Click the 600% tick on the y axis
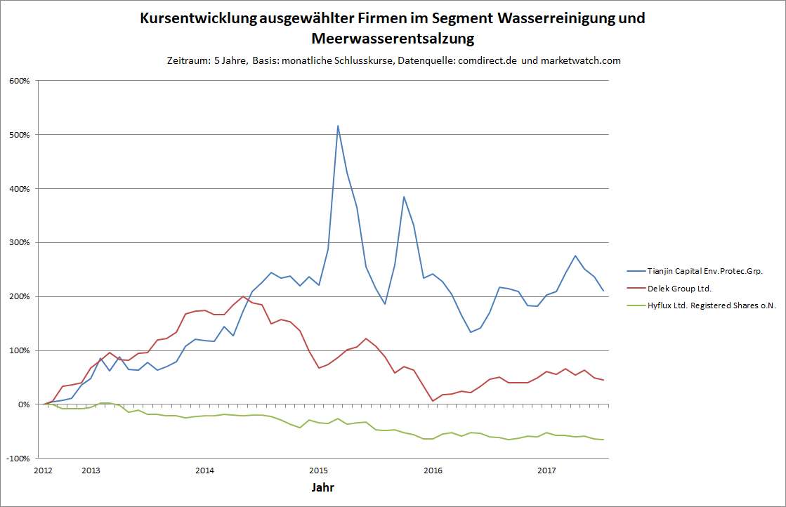click(20, 81)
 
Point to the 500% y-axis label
click(20, 135)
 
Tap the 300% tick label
click(20, 243)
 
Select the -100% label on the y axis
click(19, 459)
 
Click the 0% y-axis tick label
click(25, 404)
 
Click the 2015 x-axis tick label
click(318, 470)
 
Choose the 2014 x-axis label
click(204, 470)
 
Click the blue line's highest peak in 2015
click(338, 126)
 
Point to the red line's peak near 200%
click(243, 296)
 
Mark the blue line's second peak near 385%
click(404, 197)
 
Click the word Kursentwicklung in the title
click(198, 18)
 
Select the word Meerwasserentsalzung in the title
click(393, 38)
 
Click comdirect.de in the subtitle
click(488, 60)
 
